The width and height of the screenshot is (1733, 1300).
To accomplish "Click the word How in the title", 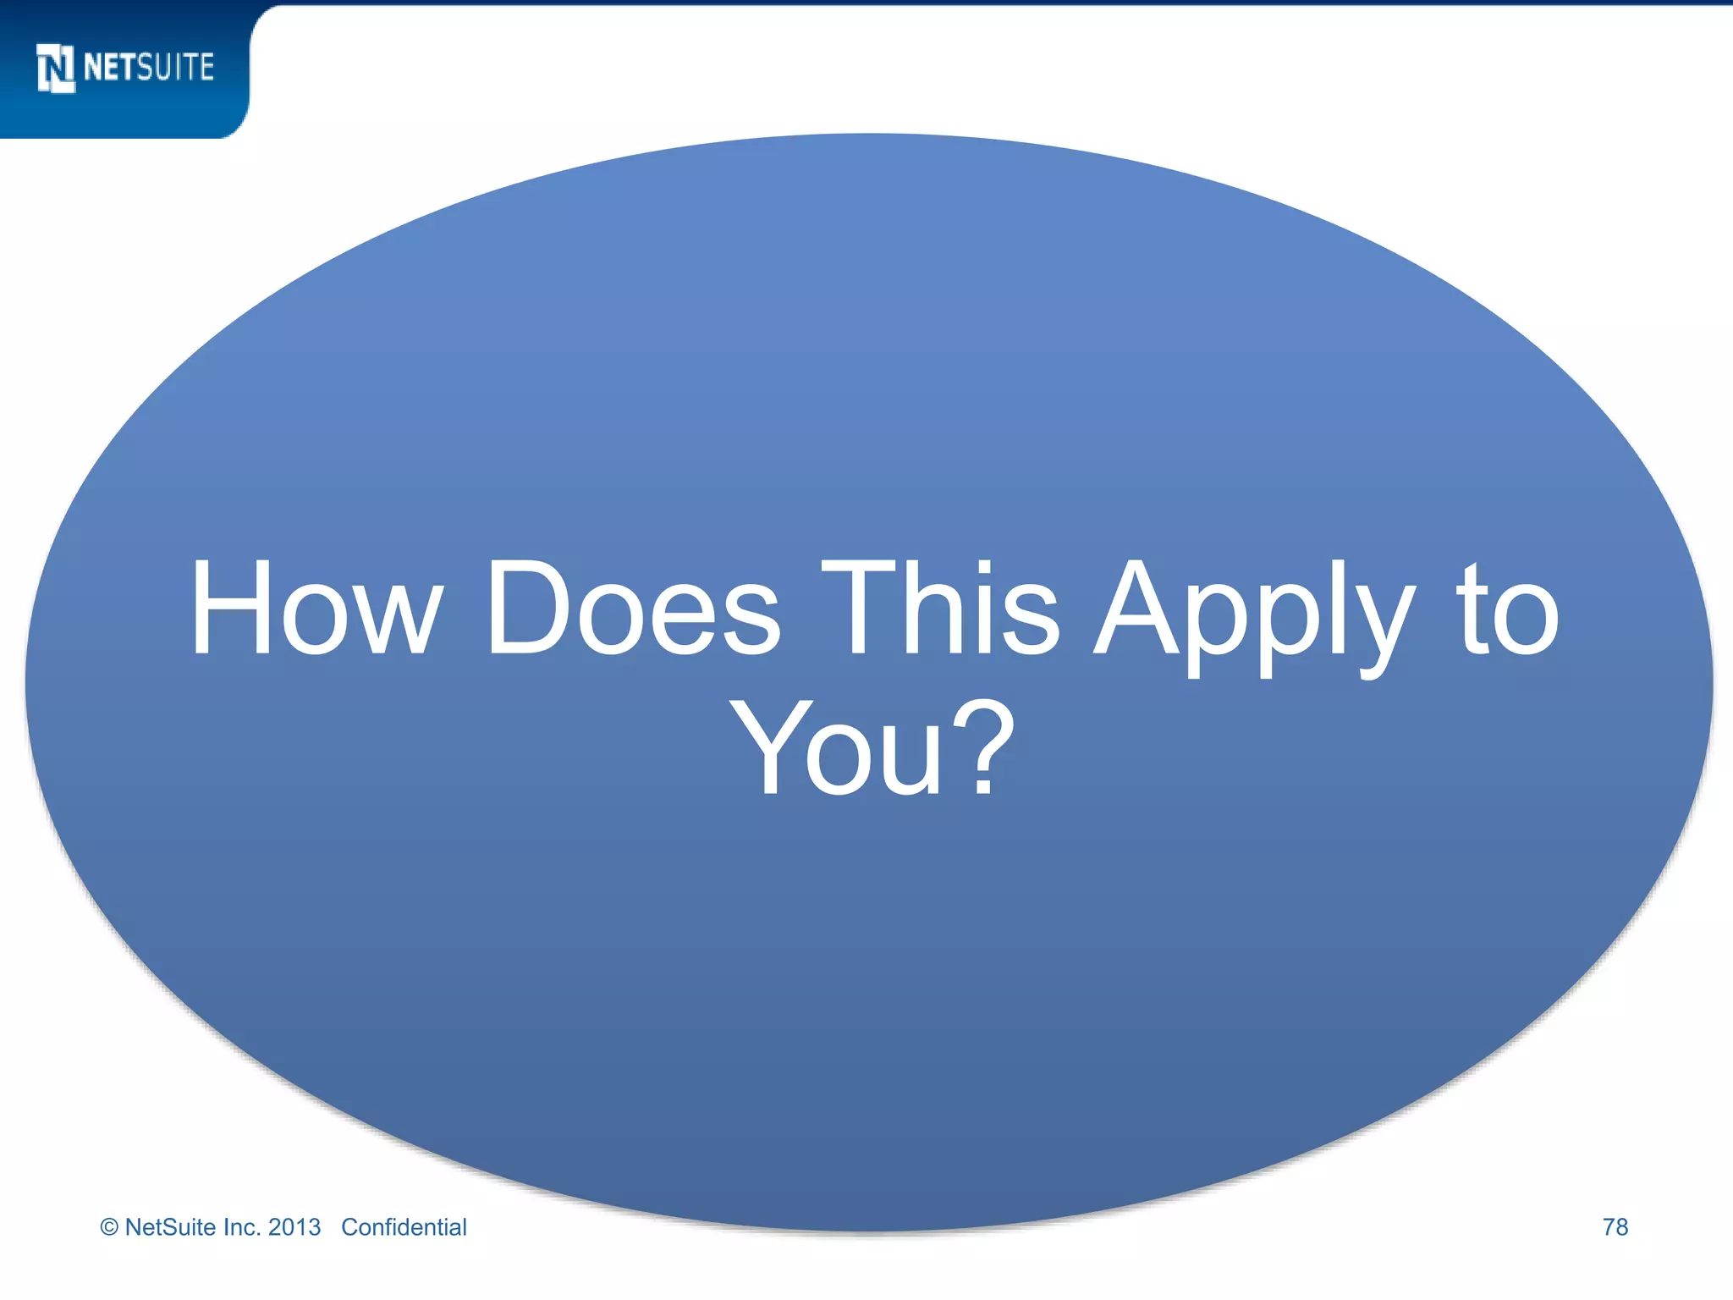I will pos(316,609).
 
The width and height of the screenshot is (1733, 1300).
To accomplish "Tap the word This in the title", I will pos(940,609).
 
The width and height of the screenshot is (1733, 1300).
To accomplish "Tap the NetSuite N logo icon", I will pos(56,68).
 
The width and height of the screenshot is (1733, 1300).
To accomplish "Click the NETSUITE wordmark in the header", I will pos(149,68).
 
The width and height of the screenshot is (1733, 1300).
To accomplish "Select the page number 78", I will pos(1615,1227).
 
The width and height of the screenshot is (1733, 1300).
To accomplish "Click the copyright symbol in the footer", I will pos(109,1228).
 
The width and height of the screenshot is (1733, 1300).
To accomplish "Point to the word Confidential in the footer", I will pos(404,1227).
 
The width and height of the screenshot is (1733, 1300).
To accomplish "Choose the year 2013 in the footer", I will pos(294,1227).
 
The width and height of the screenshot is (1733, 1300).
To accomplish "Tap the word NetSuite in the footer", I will pos(170,1227).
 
